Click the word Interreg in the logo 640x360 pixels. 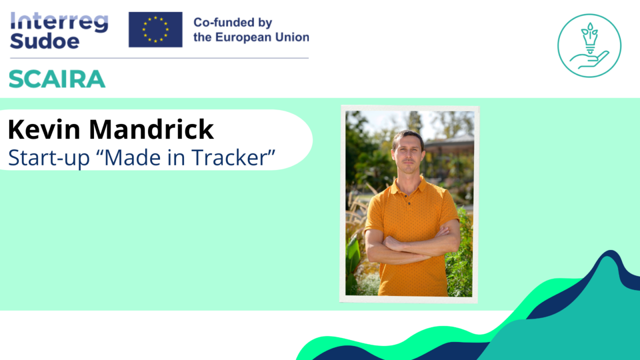click(58, 22)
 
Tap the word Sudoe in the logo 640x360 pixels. click(44, 41)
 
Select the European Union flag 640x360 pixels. click(155, 29)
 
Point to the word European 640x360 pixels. click(246, 37)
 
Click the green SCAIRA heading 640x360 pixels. click(57, 79)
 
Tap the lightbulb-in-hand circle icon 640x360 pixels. click(589, 45)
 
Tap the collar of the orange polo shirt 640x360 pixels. click(409, 186)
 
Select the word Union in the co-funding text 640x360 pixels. click(292, 37)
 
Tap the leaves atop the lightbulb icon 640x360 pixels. click(590, 28)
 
